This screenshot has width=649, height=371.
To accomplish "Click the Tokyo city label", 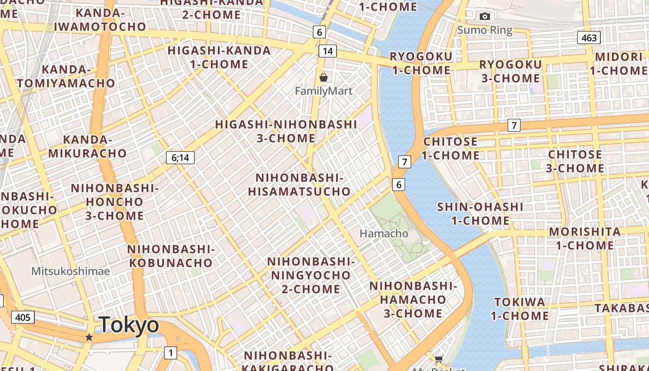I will click(129, 325).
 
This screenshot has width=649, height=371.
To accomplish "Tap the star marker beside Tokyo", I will click(89, 338).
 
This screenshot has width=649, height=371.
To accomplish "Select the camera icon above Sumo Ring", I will click(485, 17).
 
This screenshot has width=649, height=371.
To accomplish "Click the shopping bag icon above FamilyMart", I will click(324, 77).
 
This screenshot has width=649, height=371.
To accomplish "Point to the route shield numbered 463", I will click(589, 38).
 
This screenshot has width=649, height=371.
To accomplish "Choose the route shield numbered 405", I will click(22, 317).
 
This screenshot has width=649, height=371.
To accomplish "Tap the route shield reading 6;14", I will click(180, 158).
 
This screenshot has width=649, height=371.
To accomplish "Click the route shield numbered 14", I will click(328, 51).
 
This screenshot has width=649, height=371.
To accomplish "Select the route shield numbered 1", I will click(171, 353).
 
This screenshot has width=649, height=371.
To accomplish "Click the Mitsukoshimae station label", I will click(70, 271).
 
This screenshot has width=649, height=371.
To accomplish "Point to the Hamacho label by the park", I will click(384, 233).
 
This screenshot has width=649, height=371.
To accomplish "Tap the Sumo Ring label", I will click(485, 31).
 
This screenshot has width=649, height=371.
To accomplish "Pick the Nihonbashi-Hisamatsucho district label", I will click(299, 185).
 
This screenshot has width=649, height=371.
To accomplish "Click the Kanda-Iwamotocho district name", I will click(100, 20).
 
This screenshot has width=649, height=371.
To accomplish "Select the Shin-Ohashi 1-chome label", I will click(480, 213).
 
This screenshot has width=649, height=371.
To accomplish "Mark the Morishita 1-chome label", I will click(585, 238).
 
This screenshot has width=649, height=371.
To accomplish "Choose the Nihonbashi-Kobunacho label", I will click(171, 256).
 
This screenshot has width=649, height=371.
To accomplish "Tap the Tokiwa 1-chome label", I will click(520, 309).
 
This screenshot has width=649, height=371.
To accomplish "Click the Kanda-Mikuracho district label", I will click(88, 146).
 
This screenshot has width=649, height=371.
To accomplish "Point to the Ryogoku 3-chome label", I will click(510, 71).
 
